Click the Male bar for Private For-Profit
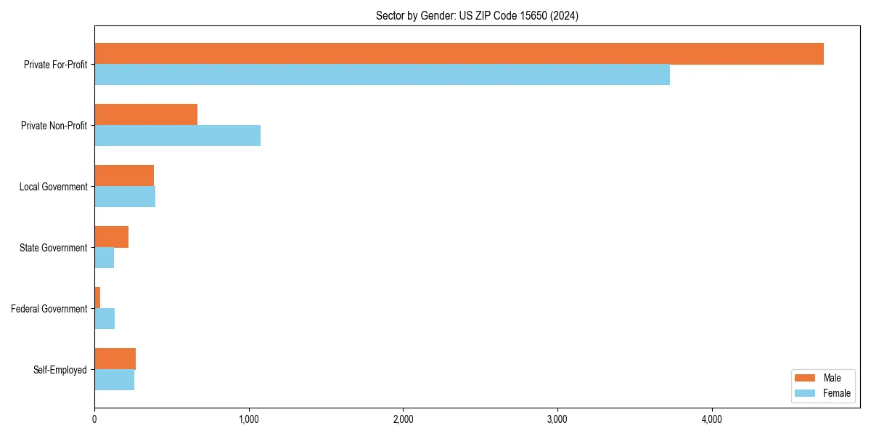459,54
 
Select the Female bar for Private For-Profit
382,75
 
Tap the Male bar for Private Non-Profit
146,115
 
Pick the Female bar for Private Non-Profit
177,136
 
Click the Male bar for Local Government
124,176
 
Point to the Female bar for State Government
105,258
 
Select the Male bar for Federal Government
97,298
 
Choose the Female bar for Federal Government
105,319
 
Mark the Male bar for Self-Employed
115,359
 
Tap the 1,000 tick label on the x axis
249,419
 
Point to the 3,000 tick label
557,419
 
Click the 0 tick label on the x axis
94,419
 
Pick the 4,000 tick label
712,419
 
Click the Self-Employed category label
60,370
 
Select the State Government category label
53,248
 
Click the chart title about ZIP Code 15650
477,15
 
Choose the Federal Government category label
49,309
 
